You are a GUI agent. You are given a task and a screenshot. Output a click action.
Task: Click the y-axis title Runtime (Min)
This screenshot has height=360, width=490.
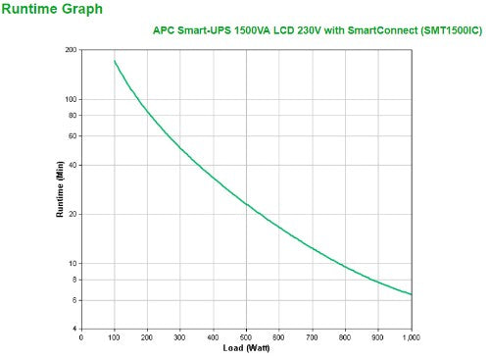[60, 189]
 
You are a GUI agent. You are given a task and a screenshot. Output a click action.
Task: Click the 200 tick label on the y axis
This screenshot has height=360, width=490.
[71, 50]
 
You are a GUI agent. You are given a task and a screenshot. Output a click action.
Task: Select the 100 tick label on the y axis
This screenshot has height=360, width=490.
[71, 99]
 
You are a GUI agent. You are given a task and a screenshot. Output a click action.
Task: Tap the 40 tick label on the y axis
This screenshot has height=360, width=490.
[73, 165]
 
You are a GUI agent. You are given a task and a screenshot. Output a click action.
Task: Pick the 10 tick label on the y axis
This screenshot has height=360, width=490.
[73, 264]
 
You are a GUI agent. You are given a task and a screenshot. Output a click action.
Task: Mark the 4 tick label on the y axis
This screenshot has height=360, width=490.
[74, 329]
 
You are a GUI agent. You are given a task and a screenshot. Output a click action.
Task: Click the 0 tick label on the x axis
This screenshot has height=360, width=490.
[81, 337]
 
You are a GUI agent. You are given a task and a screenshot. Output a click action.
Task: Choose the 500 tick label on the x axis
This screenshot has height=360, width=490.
[246, 337]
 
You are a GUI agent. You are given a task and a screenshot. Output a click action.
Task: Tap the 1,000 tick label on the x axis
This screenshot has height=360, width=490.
[411, 337]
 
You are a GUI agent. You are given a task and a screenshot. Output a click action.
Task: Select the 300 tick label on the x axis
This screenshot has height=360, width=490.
[180, 337]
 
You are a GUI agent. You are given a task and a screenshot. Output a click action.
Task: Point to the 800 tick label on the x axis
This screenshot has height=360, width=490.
[345, 337]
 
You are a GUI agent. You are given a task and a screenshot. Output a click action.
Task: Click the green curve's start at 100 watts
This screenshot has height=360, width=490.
[115, 62]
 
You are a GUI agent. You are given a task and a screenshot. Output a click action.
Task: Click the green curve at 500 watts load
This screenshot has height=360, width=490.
[246, 204]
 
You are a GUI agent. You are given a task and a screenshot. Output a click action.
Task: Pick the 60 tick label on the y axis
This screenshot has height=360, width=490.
[73, 135]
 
